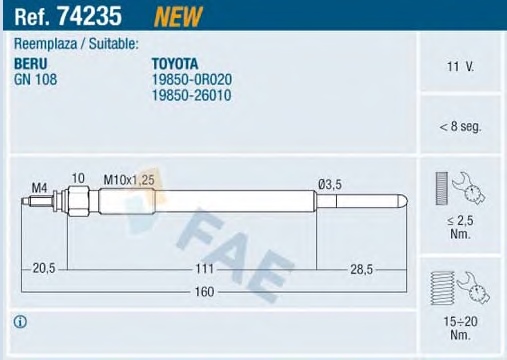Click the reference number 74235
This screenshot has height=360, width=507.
tap(89, 16)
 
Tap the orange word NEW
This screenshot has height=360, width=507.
tap(178, 17)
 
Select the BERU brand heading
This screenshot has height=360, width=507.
tap(31, 64)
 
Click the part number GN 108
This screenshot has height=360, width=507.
tap(35, 79)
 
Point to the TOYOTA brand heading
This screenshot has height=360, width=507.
tap(175, 64)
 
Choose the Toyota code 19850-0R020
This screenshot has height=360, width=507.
tap(192, 79)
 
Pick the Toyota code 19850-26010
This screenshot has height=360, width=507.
tap(191, 95)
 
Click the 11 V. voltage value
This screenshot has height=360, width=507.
tap(460, 66)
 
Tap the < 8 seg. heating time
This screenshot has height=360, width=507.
tap(460, 127)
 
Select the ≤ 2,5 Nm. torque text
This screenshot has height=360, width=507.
tap(460, 227)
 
